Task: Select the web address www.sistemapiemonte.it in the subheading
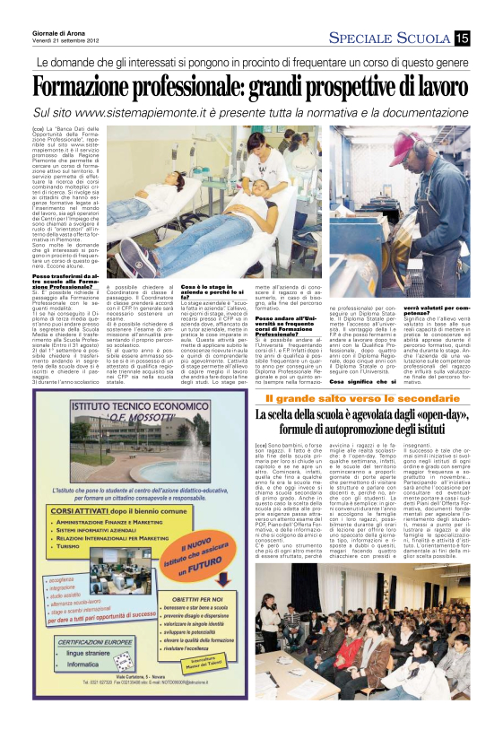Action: coord(145,115)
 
